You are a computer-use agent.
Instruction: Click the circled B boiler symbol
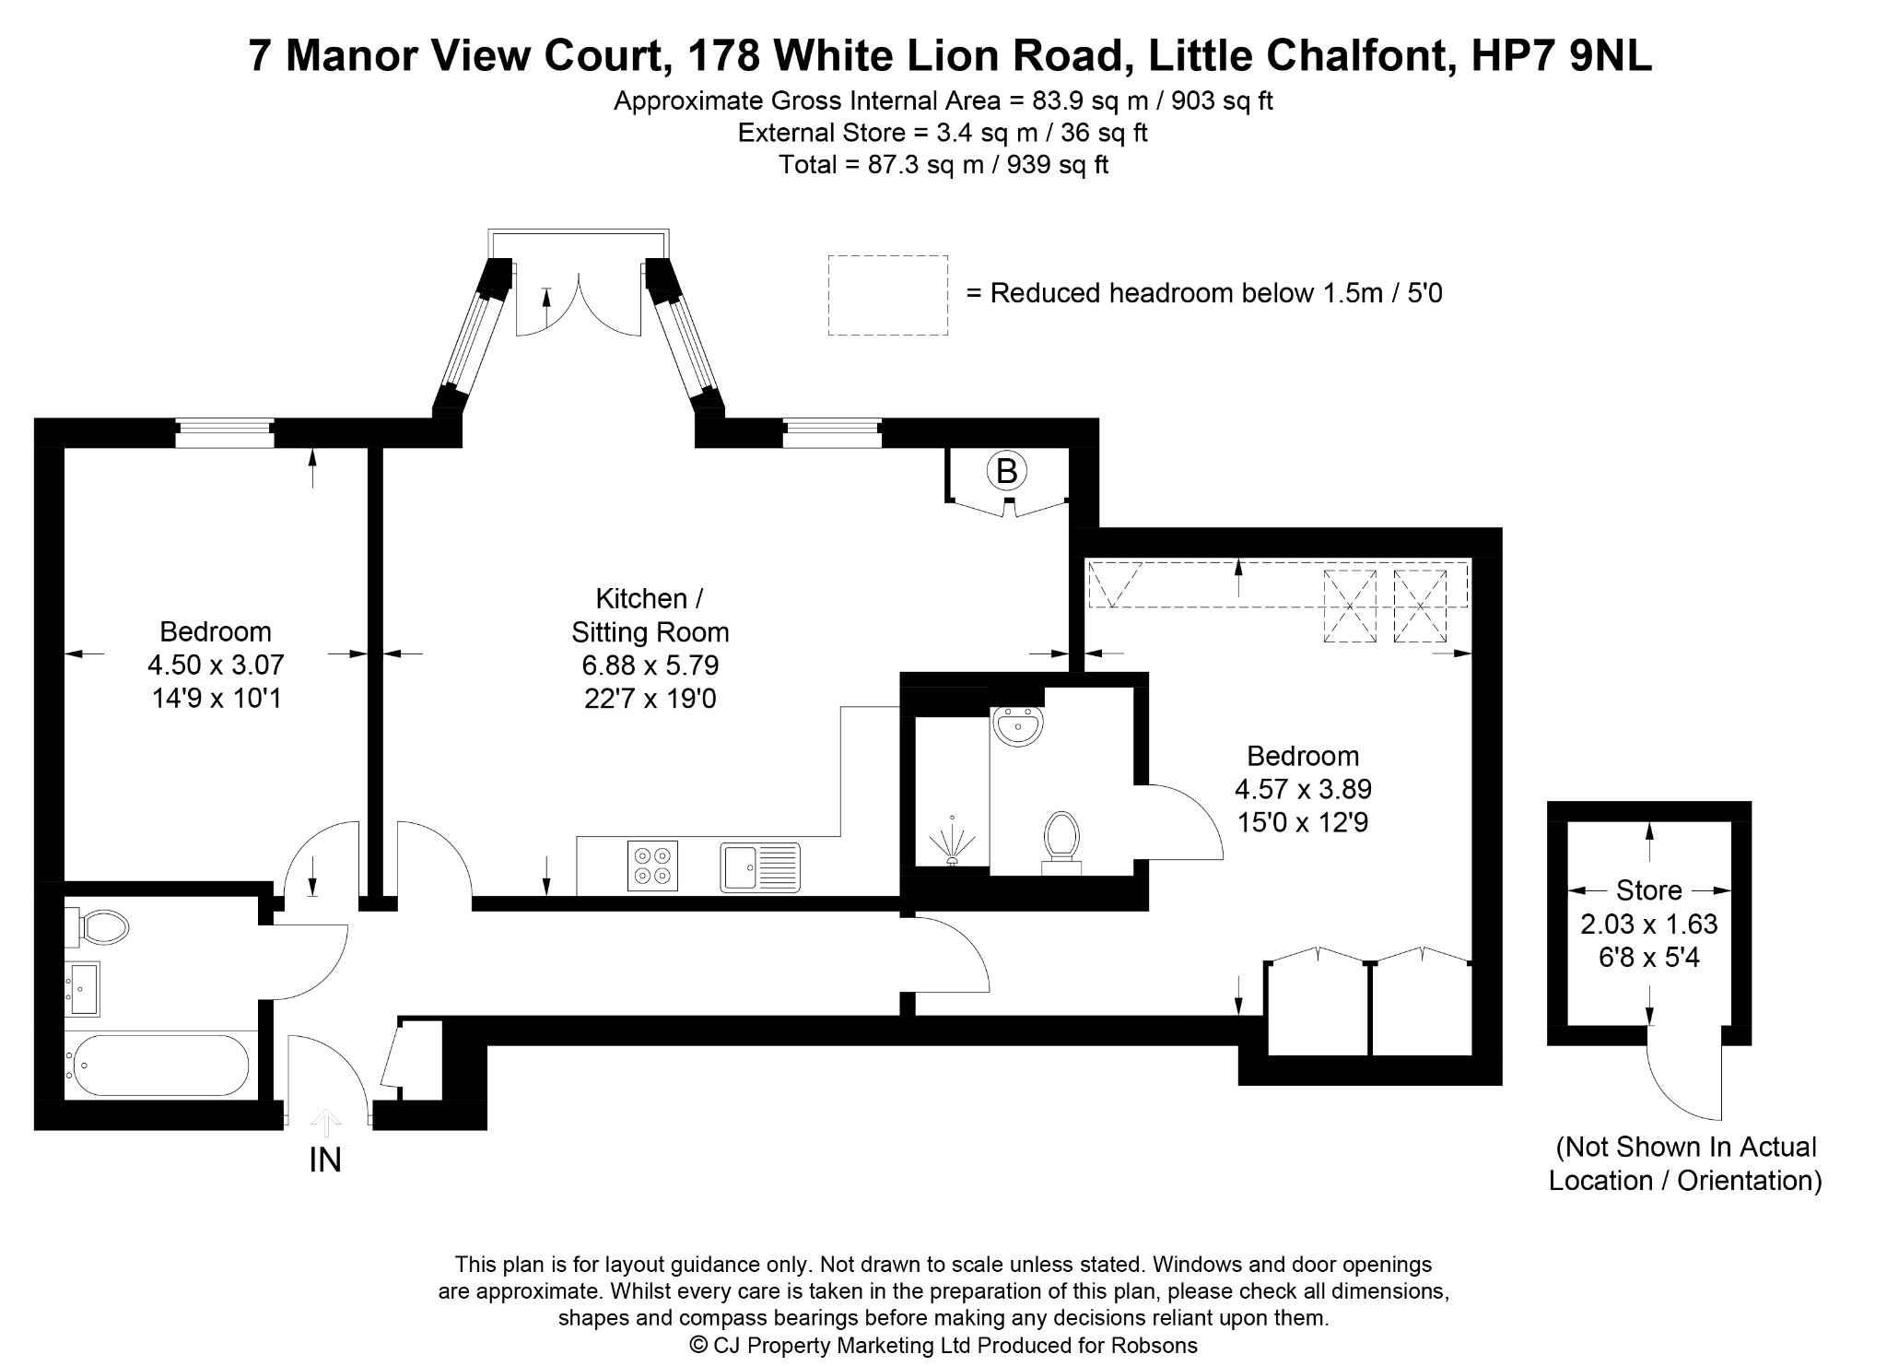tap(1006, 471)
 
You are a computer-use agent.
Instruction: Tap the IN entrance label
tap(325, 1160)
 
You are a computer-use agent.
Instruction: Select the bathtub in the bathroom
tap(158, 1065)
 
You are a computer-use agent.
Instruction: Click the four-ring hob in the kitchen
tap(652, 866)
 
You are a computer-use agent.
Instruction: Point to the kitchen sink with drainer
tap(760, 867)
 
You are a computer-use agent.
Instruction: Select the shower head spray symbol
tap(951, 841)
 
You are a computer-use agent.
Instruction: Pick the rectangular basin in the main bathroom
tap(82, 989)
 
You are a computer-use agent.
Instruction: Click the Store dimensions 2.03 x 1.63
tap(1649, 924)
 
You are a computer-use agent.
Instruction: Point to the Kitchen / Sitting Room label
tap(650, 615)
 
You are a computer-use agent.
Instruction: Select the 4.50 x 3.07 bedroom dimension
tap(216, 665)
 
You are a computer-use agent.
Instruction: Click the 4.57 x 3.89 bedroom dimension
tap(1303, 789)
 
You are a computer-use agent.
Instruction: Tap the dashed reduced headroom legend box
tap(888, 295)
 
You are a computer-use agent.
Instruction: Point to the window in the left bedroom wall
tap(225, 433)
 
